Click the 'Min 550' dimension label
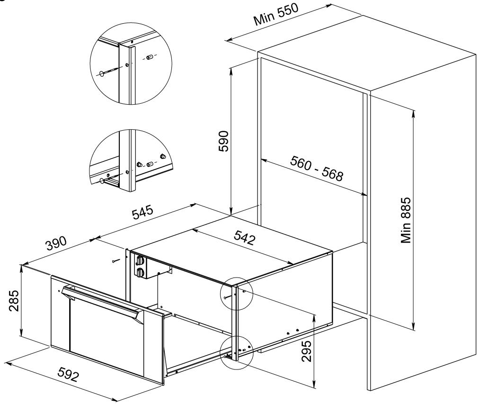click(x=276, y=15)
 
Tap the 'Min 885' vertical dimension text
click(x=406, y=220)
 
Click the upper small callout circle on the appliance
click(x=237, y=295)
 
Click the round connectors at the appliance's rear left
click(x=140, y=265)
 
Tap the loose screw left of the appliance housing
click(x=115, y=260)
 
